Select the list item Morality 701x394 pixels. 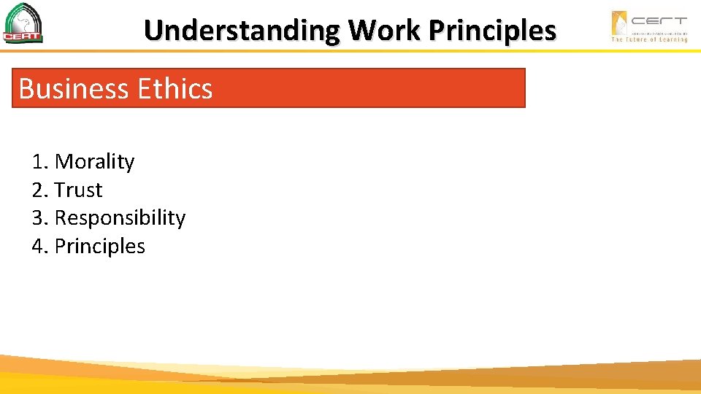(94, 161)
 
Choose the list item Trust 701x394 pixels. (78, 190)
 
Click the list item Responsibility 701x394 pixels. (120, 217)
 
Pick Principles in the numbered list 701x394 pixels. (99, 246)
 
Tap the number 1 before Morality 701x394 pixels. (38, 161)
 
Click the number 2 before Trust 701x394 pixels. (38, 190)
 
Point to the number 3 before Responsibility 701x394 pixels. (38, 217)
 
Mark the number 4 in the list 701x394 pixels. (38, 246)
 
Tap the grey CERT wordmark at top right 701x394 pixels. (659, 20)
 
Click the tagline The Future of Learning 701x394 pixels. (649, 39)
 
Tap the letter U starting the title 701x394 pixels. (153, 31)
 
